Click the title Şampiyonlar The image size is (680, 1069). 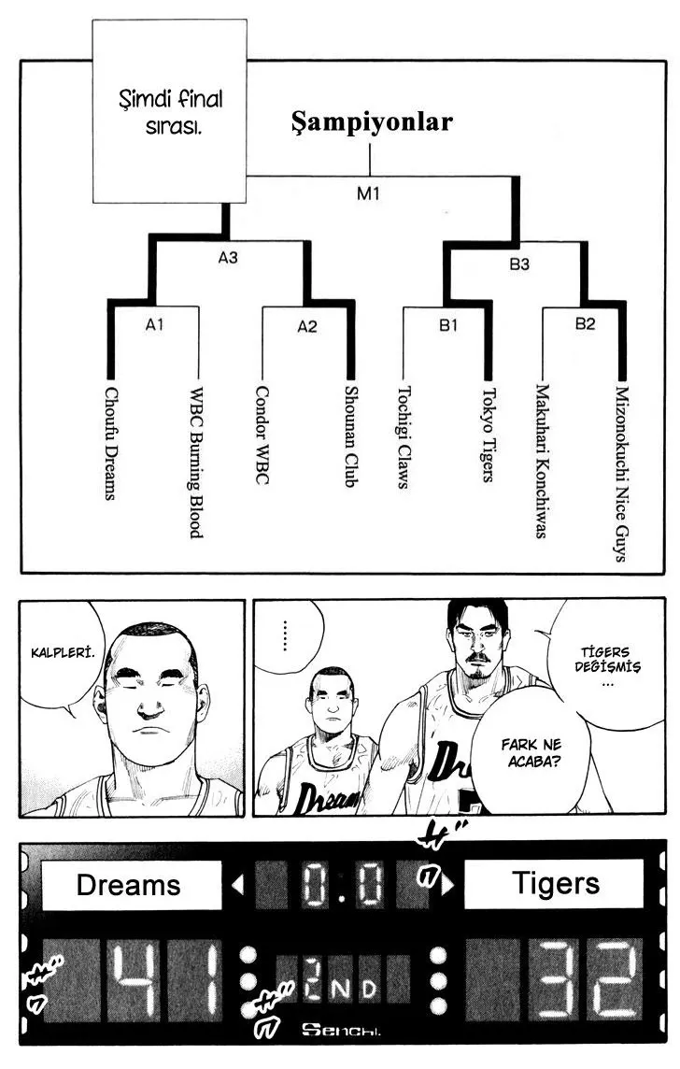pyautogui.click(x=372, y=122)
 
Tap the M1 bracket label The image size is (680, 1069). pyautogui.click(x=368, y=193)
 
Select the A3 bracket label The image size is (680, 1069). pyautogui.click(x=228, y=258)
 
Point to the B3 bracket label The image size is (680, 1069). pyautogui.click(x=519, y=264)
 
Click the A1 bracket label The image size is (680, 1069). pyautogui.click(x=155, y=324)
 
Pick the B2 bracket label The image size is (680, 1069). pyautogui.click(x=585, y=323)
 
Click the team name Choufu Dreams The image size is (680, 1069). pyautogui.click(x=111, y=443)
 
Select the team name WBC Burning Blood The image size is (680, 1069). pyautogui.click(x=196, y=463)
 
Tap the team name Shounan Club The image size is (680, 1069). pyautogui.click(x=351, y=436)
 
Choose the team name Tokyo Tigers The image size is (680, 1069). pyautogui.click(x=489, y=435)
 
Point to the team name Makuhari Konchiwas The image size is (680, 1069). pyautogui.click(x=542, y=461)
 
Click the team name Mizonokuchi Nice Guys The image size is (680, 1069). pyautogui.click(x=621, y=474)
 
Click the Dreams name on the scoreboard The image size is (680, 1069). pyautogui.click(x=129, y=885)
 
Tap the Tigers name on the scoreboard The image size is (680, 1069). pyautogui.click(x=556, y=883)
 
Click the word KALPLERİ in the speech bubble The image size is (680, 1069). pyautogui.click(x=63, y=652)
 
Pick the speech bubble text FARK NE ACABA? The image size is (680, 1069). pyautogui.click(x=532, y=752)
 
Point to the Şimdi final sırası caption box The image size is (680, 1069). pyautogui.click(x=170, y=111)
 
